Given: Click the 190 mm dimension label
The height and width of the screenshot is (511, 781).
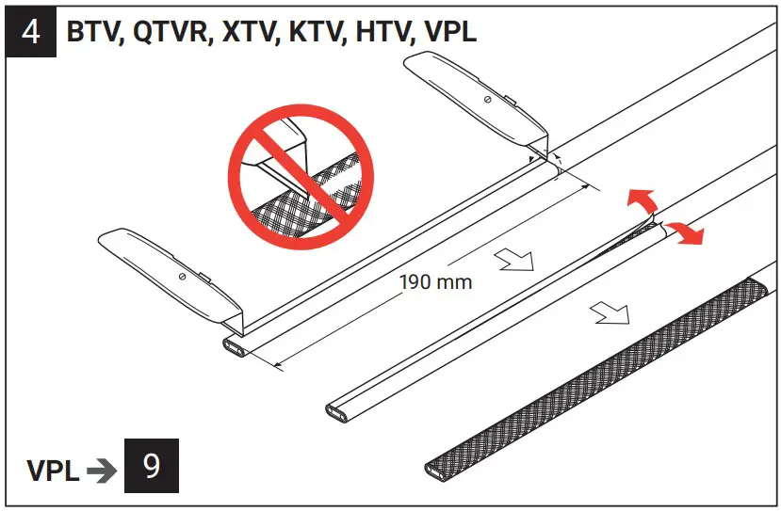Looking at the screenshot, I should [435, 281].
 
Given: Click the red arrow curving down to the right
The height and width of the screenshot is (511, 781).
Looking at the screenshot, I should [686, 232].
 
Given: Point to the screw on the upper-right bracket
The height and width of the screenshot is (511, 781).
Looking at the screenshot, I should [486, 98].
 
